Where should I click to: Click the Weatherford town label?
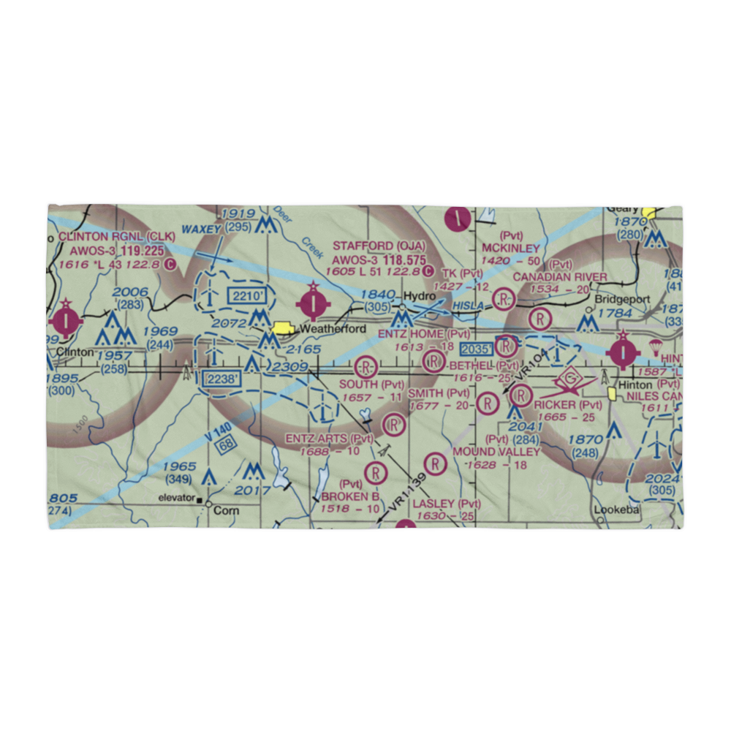click(333, 329)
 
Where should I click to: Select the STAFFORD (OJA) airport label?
click(379, 245)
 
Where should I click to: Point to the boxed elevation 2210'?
click(243, 296)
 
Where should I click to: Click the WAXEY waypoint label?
click(202, 229)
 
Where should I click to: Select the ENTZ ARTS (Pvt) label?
click(329, 439)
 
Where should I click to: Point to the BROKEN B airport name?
click(350, 497)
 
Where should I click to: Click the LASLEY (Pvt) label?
click(447, 504)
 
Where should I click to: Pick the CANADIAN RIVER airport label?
click(559, 276)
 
